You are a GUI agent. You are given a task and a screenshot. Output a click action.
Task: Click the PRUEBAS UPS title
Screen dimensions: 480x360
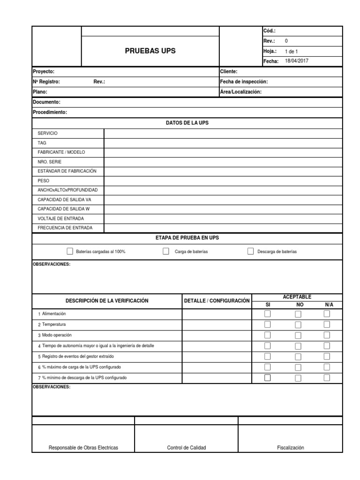pyautogui.click(x=150, y=51)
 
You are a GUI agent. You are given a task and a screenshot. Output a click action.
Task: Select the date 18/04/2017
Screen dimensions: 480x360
pyautogui.click(x=297, y=61)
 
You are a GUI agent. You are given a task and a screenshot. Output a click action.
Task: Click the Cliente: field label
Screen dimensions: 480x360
pyautogui.click(x=229, y=72)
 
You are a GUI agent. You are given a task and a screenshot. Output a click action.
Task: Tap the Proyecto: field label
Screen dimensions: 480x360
pyautogui.click(x=44, y=72)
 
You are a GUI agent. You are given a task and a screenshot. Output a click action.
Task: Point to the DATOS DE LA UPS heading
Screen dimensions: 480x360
pyautogui.click(x=187, y=123)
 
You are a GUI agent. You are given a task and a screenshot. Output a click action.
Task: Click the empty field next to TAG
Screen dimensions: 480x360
pyautogui.click(x=223, y=143)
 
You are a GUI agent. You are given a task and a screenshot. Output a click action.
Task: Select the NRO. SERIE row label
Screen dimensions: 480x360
pyautogui.click(x=49, y=162)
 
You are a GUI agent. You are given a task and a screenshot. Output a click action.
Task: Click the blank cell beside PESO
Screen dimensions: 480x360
pyautogui.click(x=223, y=180)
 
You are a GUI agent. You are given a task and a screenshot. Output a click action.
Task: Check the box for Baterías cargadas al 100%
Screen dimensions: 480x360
pyautogui.click(x=70, y=251)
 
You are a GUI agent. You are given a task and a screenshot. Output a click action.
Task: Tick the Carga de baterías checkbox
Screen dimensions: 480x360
pyautogui.click(x=166, y=251)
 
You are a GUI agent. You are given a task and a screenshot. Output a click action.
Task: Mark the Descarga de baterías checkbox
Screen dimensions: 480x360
pyautogui.click(x=250, y=251)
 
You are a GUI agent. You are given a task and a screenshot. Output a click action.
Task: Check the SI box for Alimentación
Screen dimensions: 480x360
pyautogui.click(x=268, y=314)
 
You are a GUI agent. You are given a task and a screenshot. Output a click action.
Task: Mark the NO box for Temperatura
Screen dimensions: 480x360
pyautogui.click(x=298, y=324)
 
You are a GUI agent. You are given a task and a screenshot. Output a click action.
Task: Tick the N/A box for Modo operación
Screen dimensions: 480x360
pyautogui.click(x=327, y=335)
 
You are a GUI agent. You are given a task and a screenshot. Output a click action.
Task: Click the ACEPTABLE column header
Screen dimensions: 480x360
pyautogui.click(x=297, y=297)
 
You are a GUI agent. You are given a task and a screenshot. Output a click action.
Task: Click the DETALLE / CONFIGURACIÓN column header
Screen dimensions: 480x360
pyautogui.click(x=217, y=300)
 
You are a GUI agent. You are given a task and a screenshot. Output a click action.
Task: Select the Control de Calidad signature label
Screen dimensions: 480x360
pyautogui.click(x=186, y=448)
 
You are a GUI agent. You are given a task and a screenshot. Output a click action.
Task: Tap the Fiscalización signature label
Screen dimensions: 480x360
pyautogui.click(x=290, y=448)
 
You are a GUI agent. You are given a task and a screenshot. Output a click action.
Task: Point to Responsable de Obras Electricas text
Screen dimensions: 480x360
pyautogui.click(x=83, y=448)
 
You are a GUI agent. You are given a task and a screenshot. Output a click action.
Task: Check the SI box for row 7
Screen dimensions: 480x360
pyautogui.click(x=268, y=378)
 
